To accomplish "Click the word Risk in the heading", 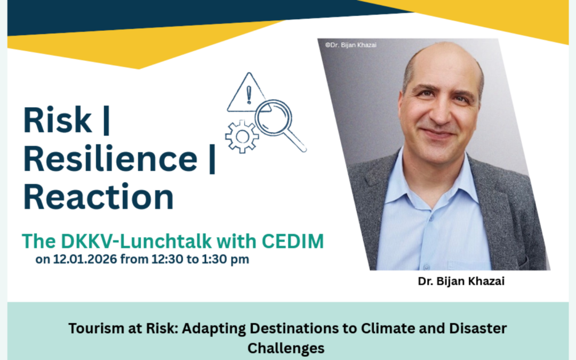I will tap(58, 121).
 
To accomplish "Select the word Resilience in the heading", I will tap(110, 159).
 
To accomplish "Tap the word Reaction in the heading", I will tap(99, 197).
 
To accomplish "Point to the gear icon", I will tap(242, 137).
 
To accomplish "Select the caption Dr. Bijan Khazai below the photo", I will tap(461, 282).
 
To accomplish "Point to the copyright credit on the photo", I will tap(350, 45).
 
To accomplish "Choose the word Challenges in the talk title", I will tap(286, 348).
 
